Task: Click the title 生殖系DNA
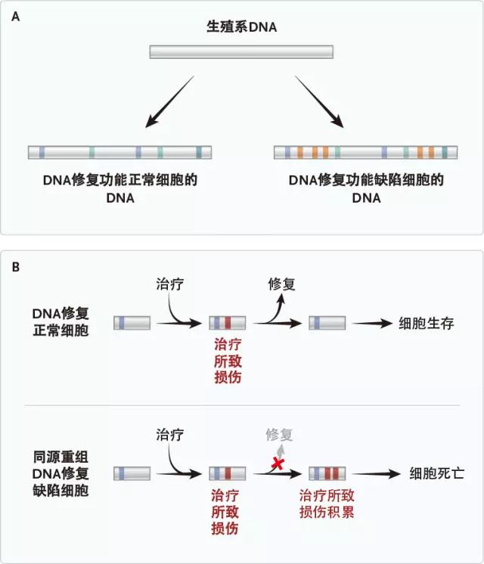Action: point(242,27)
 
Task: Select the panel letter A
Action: point(16,16)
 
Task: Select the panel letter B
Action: point(16,267)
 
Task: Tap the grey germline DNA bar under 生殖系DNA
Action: point(241,52)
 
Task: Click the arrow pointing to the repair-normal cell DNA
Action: point(173,99)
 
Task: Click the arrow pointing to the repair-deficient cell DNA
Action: point(318,100)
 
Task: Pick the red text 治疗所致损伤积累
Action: point(327,504)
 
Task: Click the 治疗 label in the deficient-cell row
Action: point(169,434)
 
